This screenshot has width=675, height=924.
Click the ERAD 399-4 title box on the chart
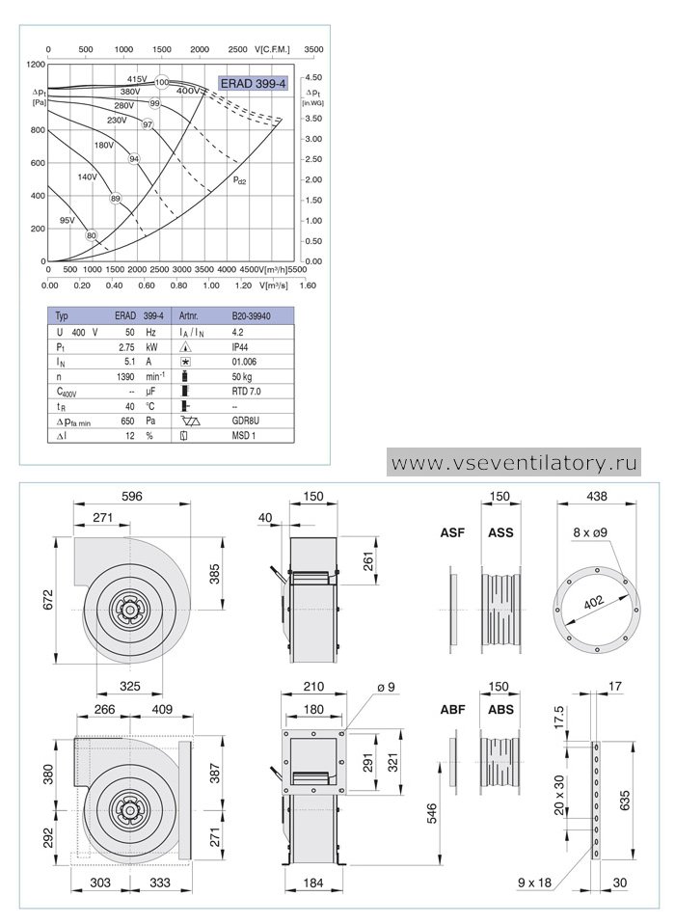click(253, 84)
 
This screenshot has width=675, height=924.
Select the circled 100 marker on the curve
click(162, 83)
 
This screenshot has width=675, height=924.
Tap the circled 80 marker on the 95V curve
click(91, 235)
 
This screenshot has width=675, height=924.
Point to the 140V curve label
click(87, 177)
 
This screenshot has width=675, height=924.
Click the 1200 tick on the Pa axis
click(36, 65)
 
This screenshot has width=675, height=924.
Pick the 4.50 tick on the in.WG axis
click(313, 77)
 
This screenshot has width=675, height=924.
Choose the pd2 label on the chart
click(240, 179)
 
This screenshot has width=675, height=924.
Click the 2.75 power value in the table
click(126, 347)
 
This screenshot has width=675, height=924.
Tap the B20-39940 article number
click(251, 315)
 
